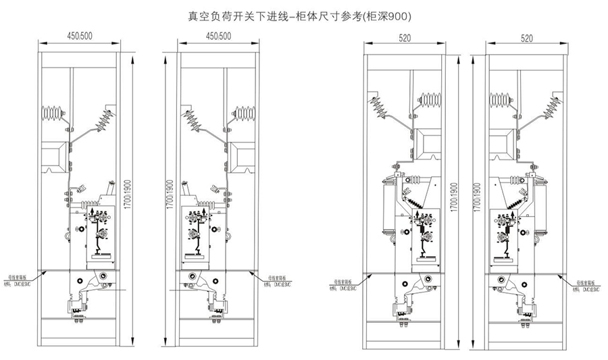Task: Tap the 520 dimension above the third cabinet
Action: pyautogui.click(x=405, y=38)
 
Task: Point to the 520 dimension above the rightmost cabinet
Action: pyautogui.click(x=527, y=38)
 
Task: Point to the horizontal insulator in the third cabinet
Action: pyautogui.click(x=430, y=101)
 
